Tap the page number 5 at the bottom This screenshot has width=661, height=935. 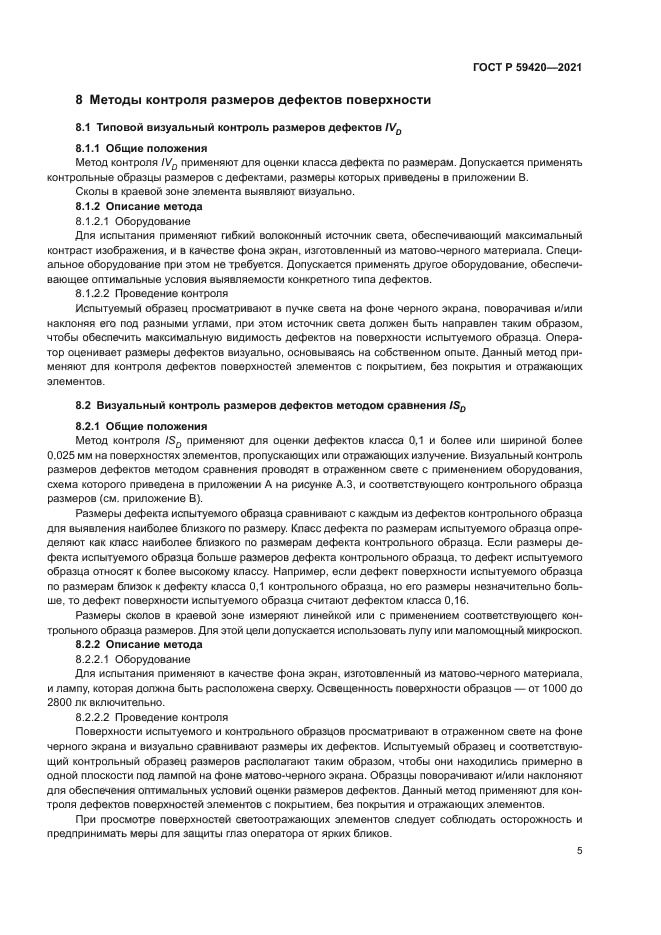click(x=580, y=851)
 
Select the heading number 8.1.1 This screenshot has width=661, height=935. click(x=92, y=147)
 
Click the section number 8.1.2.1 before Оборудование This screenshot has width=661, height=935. click(x=95, y=219)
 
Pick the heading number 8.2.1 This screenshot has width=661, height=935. click(x=92, y=426)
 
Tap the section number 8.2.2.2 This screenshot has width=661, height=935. click(x=95, y=717)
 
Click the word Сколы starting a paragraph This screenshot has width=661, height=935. click(x=93, y=191)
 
